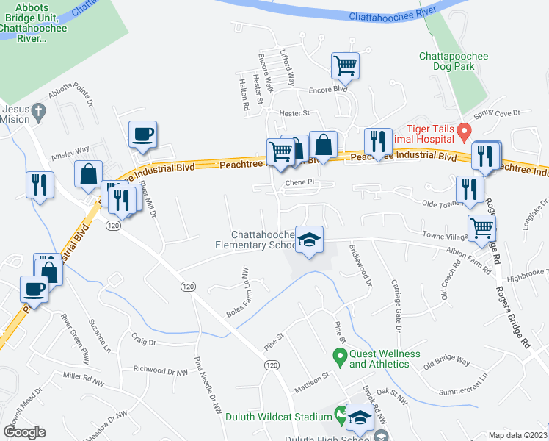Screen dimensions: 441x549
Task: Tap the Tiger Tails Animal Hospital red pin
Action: point(464,132)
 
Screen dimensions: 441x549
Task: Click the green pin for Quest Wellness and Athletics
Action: point(339,358)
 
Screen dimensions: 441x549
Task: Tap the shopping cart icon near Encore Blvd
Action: point(345,65)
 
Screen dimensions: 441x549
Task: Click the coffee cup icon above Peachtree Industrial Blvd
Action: point(142,135)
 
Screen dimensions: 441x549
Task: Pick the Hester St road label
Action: point(296,113)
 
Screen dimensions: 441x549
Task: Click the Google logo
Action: point(25,431)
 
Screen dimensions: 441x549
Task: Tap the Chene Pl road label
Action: point(299,182)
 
